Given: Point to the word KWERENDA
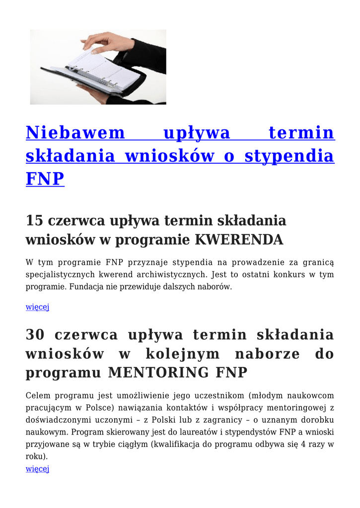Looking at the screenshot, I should click(x=239, y=240).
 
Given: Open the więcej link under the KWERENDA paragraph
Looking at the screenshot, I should click(x=37, y=307).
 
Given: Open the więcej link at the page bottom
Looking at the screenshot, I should click(x=37, y=468).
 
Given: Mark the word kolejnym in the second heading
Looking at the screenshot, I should click(x=183, y=354).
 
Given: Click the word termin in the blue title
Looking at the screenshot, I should click(x=301, y=133).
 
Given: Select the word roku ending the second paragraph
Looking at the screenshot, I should click(x=35, y=456).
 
